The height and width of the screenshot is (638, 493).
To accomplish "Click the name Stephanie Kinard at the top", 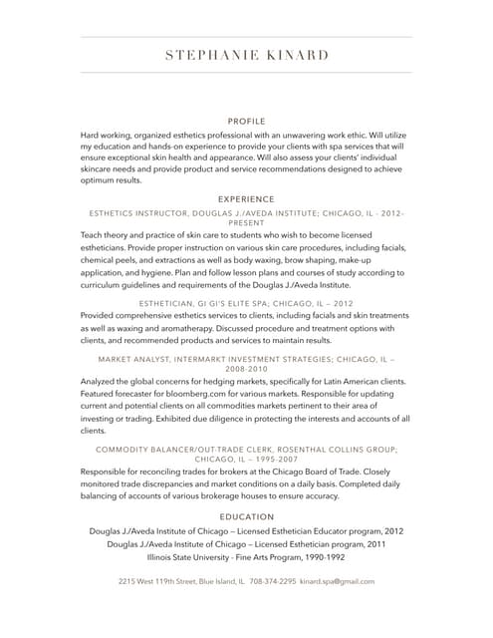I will [x=246, y=55].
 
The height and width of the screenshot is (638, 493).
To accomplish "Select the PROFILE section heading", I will [x=246, y=120].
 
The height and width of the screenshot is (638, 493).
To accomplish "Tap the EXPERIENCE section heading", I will [x=246, y=199].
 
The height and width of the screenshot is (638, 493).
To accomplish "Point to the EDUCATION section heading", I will [x=246, y=516].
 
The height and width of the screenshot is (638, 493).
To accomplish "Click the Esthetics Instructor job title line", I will [x=246, y=213].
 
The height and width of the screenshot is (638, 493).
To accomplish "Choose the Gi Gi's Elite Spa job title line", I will [x=246, y=302].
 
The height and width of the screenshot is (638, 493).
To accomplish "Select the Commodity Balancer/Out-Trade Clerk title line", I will [x=246, y=450].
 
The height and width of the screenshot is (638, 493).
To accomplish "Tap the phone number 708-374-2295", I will [x=272, y=580].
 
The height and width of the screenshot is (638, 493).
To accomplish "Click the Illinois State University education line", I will [x=246, y=558].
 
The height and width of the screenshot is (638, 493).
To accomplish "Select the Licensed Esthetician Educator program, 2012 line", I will [x=246, y=531].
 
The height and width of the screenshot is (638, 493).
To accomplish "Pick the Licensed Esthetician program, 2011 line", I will [x=246, y=544].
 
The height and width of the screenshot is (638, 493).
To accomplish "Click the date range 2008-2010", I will [x=246, y=368].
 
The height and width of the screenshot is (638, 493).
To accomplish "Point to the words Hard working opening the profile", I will [x=107, y=134].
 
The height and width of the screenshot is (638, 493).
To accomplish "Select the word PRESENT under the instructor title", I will [x=246, y=224].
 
